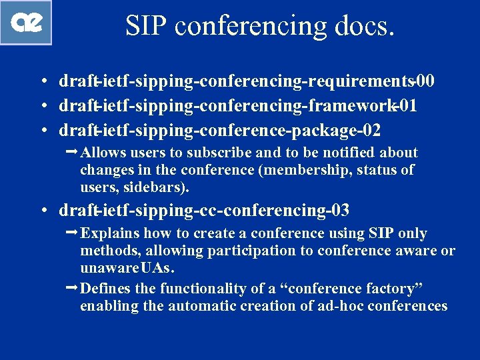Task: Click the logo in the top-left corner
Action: coord(26,22)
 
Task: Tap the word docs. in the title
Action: coord(363,25)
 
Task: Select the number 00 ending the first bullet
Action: coord(424,81)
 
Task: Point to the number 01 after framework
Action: coord(406,105)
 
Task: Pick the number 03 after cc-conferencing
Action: coord(337,211)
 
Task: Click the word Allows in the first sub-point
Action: coord(103,153)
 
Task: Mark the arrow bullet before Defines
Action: coord(72,288)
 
